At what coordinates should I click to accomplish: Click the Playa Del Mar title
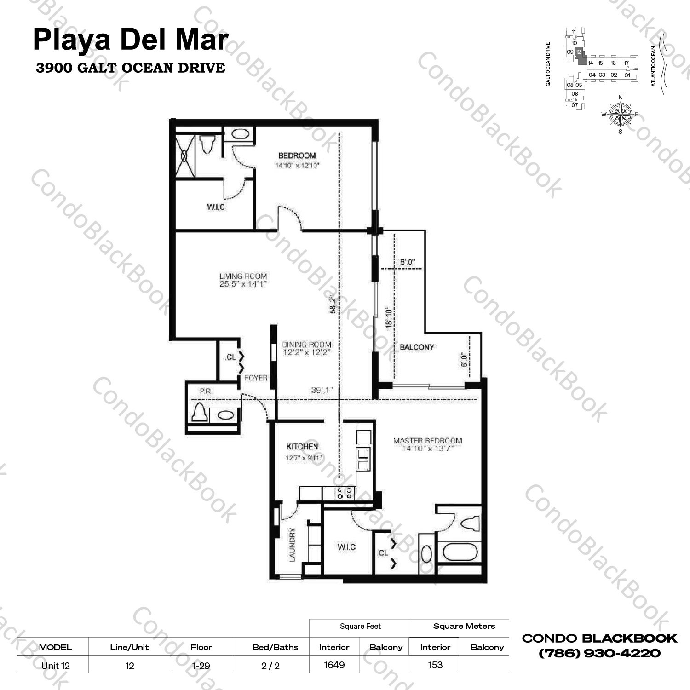point(131,40)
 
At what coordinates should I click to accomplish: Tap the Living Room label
point(243,280)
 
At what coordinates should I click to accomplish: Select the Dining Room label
point(306,348)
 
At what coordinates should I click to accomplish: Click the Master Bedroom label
point(427,444)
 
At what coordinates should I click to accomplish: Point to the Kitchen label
point(302,446)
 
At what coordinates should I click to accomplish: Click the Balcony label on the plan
point(416,347)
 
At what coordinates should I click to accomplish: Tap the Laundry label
point(292,545)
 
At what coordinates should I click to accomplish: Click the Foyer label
point(256,378)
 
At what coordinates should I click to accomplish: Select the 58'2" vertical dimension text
point(333,305)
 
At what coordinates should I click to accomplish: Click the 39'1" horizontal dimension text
point(322,390)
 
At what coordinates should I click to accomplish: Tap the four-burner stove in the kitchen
point(345,494)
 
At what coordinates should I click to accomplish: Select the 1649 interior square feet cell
point(334,665)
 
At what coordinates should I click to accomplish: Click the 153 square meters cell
point(435,665)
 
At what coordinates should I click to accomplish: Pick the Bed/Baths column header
point(275,647)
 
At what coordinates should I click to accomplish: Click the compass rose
point(620,114)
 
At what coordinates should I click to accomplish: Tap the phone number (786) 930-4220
point(599,653)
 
